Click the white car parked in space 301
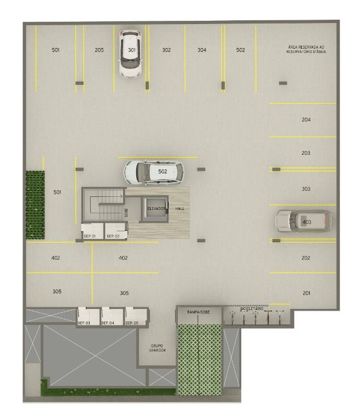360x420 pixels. coord(131,54)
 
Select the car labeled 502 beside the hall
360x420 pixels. coord(154,172)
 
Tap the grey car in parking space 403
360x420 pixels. coord(304,221)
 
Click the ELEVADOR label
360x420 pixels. coord(156,208)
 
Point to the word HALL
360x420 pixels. coord(180,208)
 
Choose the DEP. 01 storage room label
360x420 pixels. coord(90,236)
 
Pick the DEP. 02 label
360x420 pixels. coord(113,236)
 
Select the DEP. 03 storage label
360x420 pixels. coord(84,323)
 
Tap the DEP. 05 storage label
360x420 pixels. coord(132,323)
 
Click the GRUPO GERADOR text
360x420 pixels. coord(158,348)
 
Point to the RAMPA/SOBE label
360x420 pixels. coord(199,312)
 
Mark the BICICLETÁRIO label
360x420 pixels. coord(252,308)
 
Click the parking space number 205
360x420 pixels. coord(99,50)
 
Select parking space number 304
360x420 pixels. coord(202,50)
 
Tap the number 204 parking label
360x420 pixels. coord(306,120)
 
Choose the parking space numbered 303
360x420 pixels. coord(306,189)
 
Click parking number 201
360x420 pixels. coord(306,293)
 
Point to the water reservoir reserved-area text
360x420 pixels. coord(306,49)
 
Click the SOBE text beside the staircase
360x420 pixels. coord(126,213)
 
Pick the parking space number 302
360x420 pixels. coord(166,50)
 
